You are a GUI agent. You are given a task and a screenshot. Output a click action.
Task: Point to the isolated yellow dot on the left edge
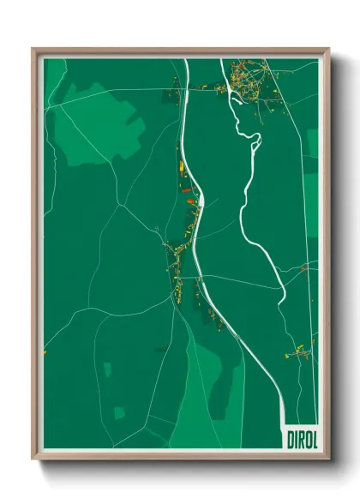pyautogui.click(x=45, y=352)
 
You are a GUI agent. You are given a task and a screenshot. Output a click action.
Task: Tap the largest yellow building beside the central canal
pyautogui.click(x=182, y=166)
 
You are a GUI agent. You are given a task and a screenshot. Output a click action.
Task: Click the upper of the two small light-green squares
pyautogui.click(x=108, y=369)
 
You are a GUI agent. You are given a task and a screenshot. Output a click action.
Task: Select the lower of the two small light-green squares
pyautogui.click(x=119, y=412)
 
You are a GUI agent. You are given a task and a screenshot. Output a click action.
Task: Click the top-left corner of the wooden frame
pyautogui.click(x=33, y=50)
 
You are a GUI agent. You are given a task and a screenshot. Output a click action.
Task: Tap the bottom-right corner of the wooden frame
pyautogui.click(x=328, y=459)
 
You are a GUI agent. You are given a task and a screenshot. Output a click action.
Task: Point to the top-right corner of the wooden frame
pyautogui.click(x=328, y=50)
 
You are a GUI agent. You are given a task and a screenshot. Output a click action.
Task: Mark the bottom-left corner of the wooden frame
pyautogui.click(x=33, y=459)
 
